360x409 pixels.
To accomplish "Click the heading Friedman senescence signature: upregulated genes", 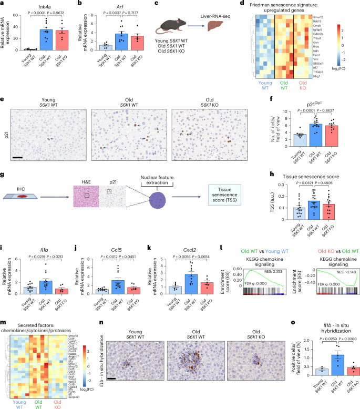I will [x=312, y=5].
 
